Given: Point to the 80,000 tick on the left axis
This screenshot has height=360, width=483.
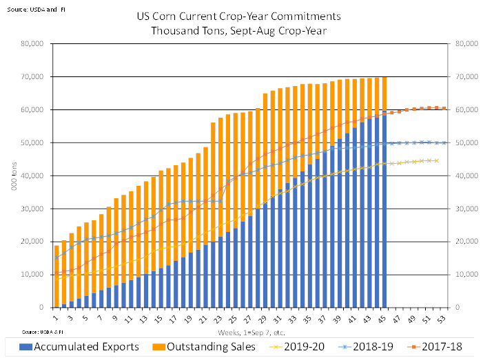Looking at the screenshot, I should (x=32, y=44).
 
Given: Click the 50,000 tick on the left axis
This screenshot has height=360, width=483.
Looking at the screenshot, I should (x=32, y=142).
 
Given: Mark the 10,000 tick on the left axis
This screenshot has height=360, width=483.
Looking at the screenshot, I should (x=32, y=275).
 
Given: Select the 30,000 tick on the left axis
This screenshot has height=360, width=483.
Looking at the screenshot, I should (x=32, y=209).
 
